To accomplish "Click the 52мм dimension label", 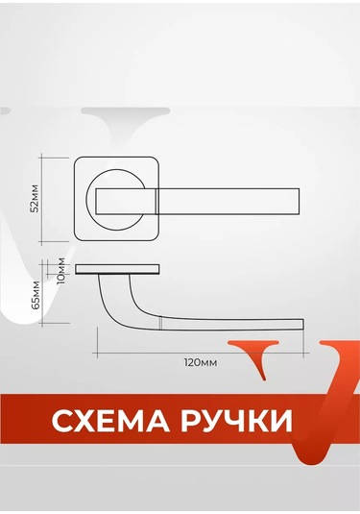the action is tap(36, 198).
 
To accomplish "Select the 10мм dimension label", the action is tap(60, 269).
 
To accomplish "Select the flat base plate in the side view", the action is tap(115, 267).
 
